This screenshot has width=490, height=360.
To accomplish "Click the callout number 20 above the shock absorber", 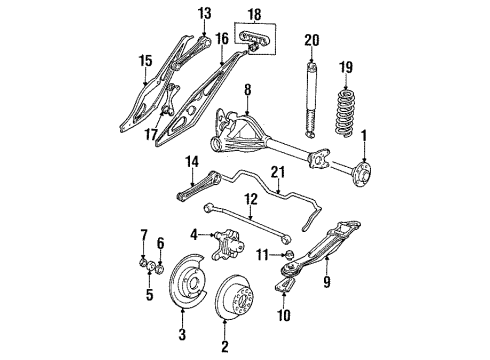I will click(312, 40).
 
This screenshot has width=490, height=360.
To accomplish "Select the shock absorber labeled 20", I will click(311, 95).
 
